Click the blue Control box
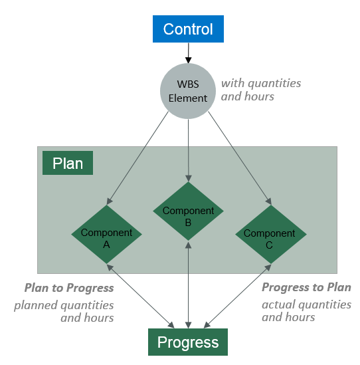click(x=188, y=29)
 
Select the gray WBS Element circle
click(x=188, y=91)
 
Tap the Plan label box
click(x=68, y=163)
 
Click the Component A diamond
click(x=106, y=234)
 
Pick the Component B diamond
click(x=188, y=211)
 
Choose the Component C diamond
click(x=271, y=234)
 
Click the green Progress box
click(x=188, y=342)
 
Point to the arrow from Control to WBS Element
click(x=189, y=53)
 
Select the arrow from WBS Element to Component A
click(x=137, y=158)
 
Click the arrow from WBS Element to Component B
click(x=189, y=150)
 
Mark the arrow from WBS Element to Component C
click(x=240, y=158)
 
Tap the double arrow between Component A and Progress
click(x=140, y=297)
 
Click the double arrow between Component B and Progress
click(x=189, y=285)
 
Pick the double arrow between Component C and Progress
click(x=237, y=297)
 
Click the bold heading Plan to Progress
click(x=69, y=288)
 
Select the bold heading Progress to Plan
click(x=306, y=287)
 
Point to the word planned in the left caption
click(x=36, y=305)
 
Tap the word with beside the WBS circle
click(x=232, y=83)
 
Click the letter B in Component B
click(x=188, y=223)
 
